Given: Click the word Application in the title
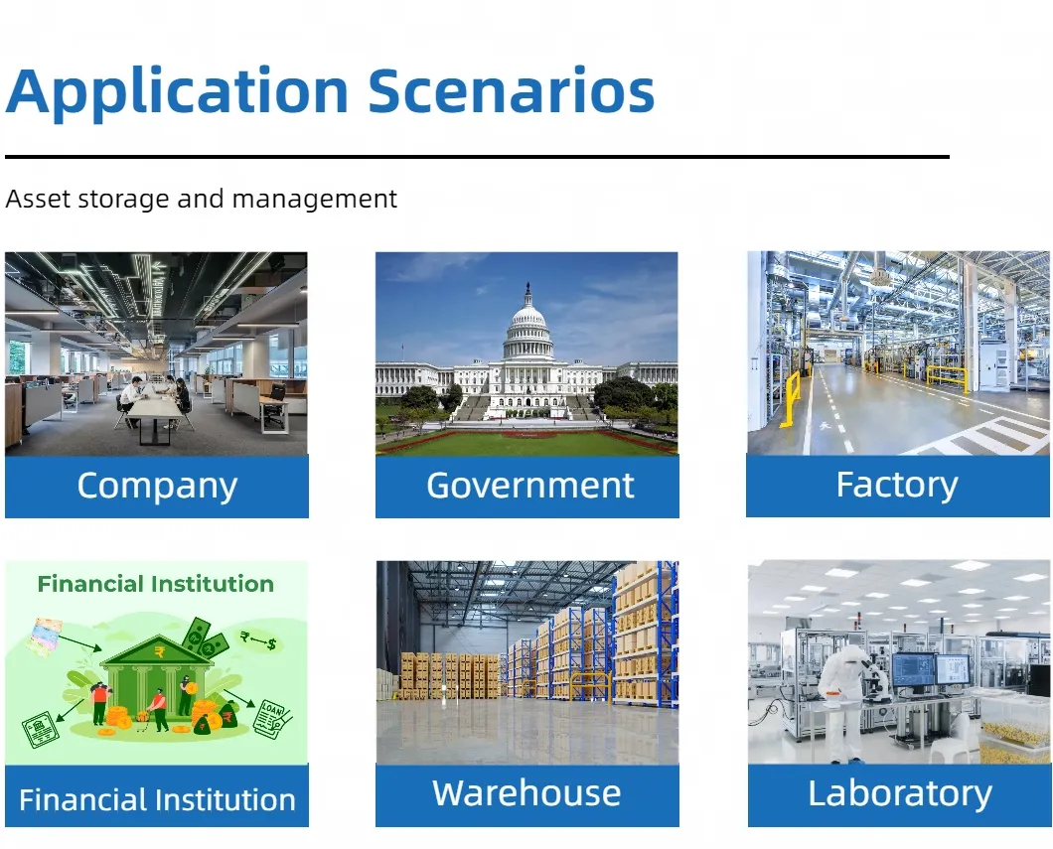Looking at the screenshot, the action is [177, 92].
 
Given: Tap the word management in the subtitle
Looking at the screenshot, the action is [314, 200].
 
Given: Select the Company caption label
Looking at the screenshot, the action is [157, 486].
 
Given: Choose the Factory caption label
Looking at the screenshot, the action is [897, 486].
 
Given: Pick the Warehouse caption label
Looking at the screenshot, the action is [526, 793].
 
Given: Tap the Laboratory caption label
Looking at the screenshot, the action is [900, 794].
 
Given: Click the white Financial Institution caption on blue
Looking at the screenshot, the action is [157, 800].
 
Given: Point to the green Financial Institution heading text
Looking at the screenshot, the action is [156, 584].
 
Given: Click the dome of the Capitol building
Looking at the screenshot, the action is [527, 321].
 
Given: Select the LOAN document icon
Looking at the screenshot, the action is [272, 718].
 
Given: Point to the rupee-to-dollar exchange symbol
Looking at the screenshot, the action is [258, 640].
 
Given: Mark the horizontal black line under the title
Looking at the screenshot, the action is [477, 157].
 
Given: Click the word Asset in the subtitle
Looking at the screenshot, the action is [39, 200].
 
